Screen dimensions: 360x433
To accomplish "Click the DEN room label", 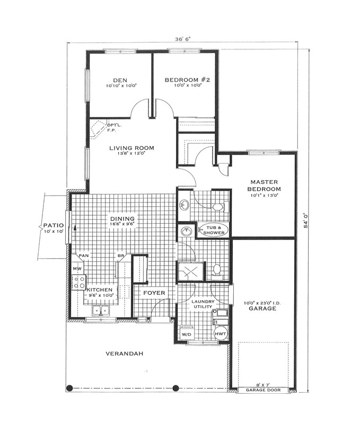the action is click(120, 81).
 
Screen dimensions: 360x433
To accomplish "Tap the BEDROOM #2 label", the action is click(187, 80).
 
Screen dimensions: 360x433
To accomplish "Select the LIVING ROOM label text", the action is click(131, 148).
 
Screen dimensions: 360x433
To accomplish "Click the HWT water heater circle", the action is click(221, 334).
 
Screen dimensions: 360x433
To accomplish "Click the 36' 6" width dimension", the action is click(183, 39).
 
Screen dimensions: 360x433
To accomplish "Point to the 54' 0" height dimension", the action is click(306, 220).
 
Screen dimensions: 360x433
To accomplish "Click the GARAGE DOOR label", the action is click(263, 390).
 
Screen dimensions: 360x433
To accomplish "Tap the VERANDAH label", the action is click(124, 354).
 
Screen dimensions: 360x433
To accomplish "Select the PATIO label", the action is click(54, 226).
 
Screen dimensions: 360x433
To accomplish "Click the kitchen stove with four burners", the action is click(79, 282).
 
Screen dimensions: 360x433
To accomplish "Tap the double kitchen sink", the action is click(101, 311).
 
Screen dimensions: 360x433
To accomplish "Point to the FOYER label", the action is click(154, 293).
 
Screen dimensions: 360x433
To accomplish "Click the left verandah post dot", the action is click(70, 388).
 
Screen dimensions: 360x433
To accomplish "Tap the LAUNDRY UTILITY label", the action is click(203, 304).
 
